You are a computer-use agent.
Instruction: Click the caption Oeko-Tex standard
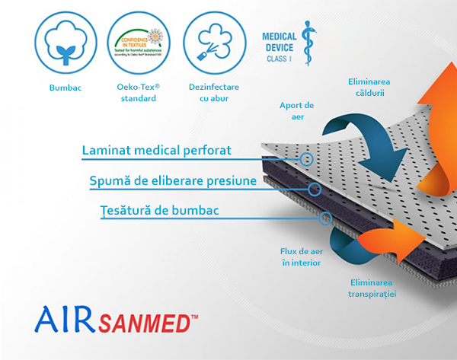[x=139, y=93]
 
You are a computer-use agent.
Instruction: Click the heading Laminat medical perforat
[x=156, y=151]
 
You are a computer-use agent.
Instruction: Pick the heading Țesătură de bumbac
[x=156, y=210]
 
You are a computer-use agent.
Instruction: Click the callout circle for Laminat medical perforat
[x=307, y=159]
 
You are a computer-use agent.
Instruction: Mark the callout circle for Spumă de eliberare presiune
[x=315, y=189]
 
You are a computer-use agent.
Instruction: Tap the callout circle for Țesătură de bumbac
[x=325, y=218]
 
